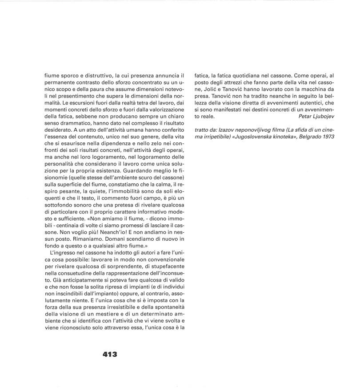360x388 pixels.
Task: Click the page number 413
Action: (110, 355)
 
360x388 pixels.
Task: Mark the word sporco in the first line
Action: (73, 75)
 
